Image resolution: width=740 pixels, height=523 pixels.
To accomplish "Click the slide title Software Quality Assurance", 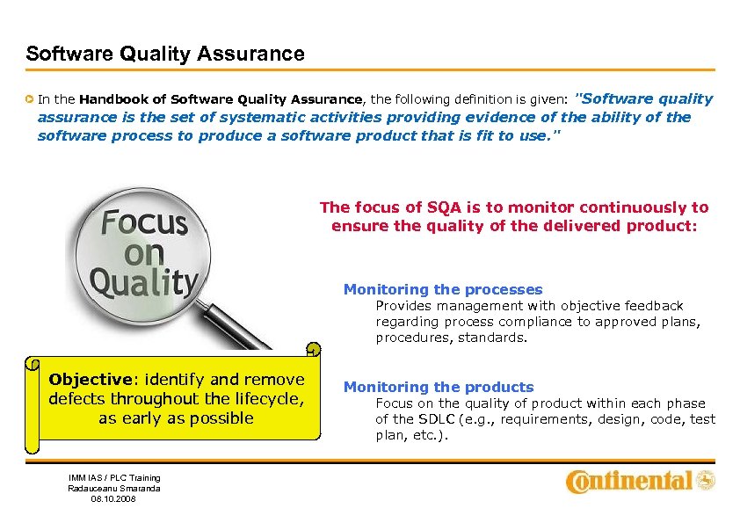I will (165, 54).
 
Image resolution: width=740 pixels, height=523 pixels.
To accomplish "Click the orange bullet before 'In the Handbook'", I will (30, 100).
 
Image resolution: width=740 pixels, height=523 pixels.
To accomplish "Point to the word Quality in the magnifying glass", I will (144, 283).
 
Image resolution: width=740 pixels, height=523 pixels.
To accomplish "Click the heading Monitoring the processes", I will (442, 289).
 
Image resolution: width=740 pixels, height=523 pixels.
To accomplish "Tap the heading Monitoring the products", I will (438, 387).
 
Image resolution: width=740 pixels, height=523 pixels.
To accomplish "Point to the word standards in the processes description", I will (494, 338).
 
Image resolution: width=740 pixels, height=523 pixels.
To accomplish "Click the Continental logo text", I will (628, 481).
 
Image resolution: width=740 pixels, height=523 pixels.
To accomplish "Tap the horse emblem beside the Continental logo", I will (706, 480).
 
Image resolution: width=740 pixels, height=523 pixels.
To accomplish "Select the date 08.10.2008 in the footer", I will (114, 499).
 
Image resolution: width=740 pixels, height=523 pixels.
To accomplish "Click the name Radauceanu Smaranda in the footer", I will (114, 488).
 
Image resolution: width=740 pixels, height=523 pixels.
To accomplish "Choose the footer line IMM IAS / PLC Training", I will (114, 477).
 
